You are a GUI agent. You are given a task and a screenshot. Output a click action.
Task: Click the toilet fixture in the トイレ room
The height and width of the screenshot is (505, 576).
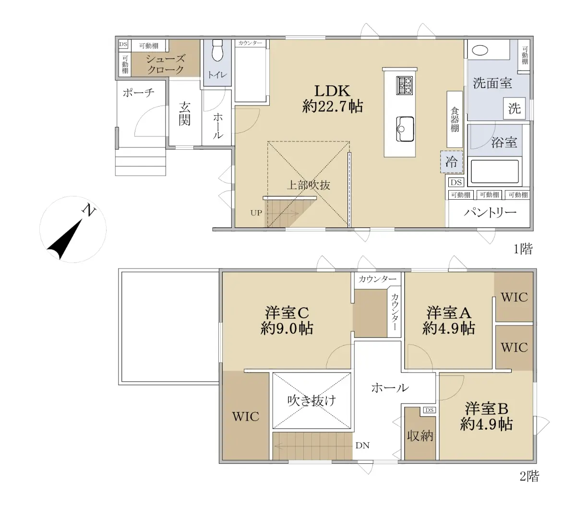217,50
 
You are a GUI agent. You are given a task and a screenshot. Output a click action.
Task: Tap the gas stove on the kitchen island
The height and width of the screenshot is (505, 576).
404,85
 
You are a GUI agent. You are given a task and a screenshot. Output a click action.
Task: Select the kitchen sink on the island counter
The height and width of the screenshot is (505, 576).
405,129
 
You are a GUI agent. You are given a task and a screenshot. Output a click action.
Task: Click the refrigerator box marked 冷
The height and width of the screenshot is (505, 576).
452,162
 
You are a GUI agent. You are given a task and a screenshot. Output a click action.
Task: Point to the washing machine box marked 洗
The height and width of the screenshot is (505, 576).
514,108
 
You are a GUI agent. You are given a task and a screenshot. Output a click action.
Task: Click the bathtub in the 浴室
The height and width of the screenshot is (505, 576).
494,171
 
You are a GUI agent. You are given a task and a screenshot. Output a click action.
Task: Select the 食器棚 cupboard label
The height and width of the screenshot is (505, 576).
455,120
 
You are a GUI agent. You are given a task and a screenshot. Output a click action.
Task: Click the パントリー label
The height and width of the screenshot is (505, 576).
490,212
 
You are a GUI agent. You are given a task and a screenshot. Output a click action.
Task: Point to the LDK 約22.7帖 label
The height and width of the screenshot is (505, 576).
332,99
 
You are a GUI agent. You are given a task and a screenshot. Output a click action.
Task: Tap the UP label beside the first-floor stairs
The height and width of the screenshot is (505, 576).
256,213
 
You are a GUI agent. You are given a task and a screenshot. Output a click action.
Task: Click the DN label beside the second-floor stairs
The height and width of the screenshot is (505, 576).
362,445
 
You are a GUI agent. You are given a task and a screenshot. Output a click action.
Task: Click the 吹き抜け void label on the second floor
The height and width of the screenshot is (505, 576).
312,401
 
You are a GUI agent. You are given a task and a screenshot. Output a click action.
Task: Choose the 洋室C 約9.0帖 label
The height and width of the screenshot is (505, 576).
287,321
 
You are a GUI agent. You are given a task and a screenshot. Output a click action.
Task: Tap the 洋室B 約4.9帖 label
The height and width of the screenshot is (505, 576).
486,416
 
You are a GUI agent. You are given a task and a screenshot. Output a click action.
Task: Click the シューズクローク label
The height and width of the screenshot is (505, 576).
166,64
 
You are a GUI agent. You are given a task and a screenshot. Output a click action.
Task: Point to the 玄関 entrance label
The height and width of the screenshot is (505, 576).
184,114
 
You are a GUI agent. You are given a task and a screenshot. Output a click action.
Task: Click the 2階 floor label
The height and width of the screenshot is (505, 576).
529,484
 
